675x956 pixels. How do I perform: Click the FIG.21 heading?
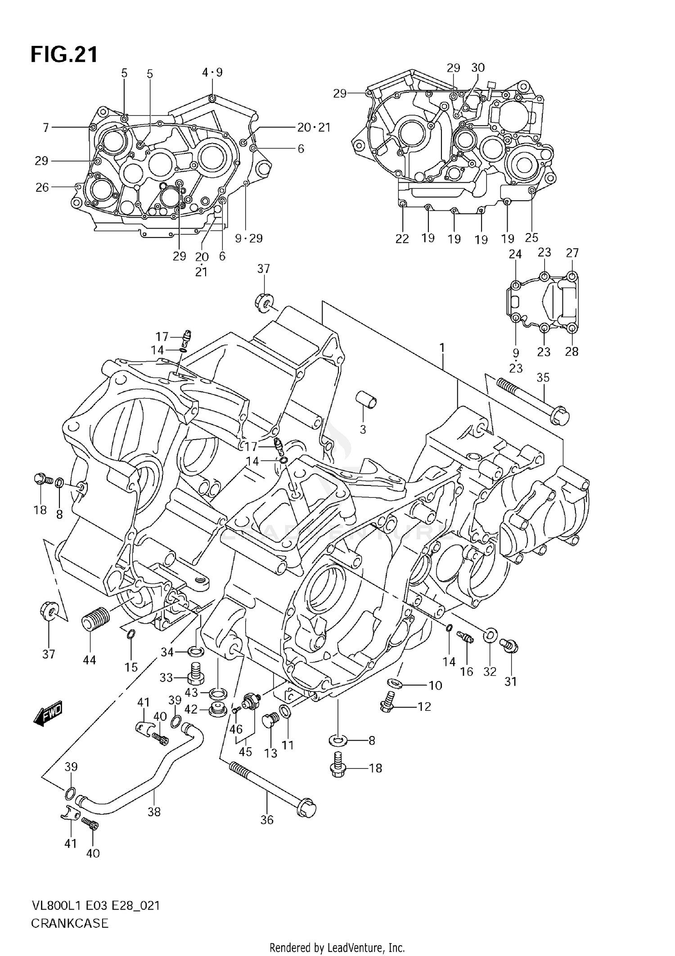point(64,54)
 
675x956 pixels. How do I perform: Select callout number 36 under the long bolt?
point(267,820)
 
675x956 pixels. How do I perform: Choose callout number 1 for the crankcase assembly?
point(442,348)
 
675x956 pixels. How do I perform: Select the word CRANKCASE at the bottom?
point(70,923)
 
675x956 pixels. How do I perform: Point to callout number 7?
point(45,128)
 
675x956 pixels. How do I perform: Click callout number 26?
point(42,187)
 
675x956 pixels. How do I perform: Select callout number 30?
point(478,67)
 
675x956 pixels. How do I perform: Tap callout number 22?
point(402,239)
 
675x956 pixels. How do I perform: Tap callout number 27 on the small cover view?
point(572,253)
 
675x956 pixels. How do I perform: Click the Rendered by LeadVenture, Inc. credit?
point(337,948)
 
